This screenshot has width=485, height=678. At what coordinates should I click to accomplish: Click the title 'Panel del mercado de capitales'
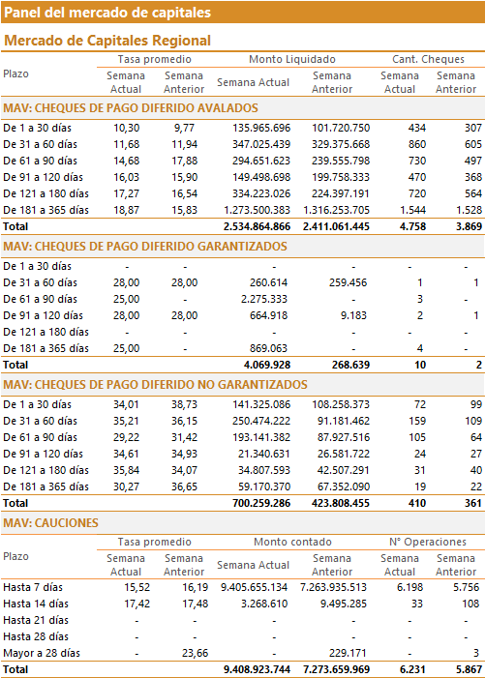[107, 13]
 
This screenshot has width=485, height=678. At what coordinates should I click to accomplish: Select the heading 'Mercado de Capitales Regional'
[107, 41]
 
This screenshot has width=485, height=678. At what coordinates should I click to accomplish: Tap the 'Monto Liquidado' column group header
[292, 59]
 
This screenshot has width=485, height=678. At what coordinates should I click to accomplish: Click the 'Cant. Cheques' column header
[428, 59]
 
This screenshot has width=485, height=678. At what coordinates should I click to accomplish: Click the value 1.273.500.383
[257, 210]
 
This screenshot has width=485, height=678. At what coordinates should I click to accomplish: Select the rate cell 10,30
[127, 128]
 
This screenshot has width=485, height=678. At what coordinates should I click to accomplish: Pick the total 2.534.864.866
[257, 226]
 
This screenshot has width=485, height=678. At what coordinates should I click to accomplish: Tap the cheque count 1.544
[412, 210]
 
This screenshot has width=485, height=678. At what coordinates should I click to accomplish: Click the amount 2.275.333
[264, 299]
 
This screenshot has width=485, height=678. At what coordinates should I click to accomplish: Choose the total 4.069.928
[267, 365]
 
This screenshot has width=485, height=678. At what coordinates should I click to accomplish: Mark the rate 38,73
[184, 404]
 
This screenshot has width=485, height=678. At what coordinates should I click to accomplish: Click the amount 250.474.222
[261, 421]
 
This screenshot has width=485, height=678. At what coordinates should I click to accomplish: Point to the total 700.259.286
[261, 503]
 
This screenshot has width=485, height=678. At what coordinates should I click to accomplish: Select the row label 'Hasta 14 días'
[36, 604]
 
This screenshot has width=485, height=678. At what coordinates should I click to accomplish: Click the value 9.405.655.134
[254, 588]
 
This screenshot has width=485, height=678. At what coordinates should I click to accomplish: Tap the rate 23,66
[196, 654]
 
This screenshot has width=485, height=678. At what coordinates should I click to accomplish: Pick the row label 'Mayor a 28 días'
[42, 654]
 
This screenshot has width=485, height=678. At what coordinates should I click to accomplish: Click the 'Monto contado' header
[292, 542]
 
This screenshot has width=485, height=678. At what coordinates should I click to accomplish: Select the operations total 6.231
[412, 670]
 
